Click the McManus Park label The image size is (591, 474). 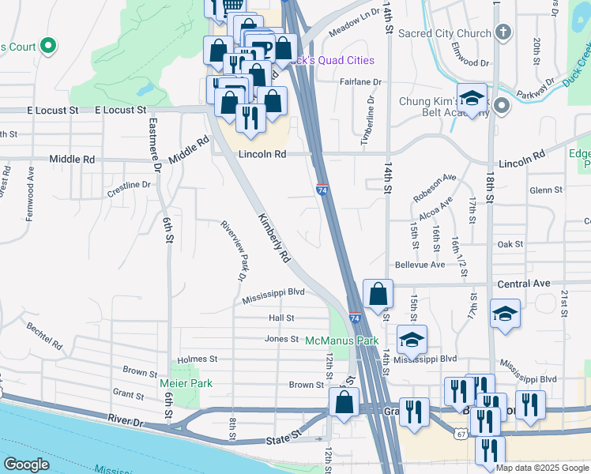point(343,340)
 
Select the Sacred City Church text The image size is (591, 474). point(446,34)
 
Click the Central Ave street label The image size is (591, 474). point(523,283)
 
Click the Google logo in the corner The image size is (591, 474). point(27,465)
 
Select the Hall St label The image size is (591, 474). point(281,318)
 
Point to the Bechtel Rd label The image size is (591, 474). point(44,336)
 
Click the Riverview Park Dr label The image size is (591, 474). point(235,250)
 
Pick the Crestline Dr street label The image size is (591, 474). point(129,185)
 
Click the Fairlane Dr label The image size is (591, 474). point(360,81)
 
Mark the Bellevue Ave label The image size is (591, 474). point(420,265)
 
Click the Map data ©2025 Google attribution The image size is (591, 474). point(541,468)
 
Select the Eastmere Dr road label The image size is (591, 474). point(156,145)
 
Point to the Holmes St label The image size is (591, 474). point(198,359)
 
